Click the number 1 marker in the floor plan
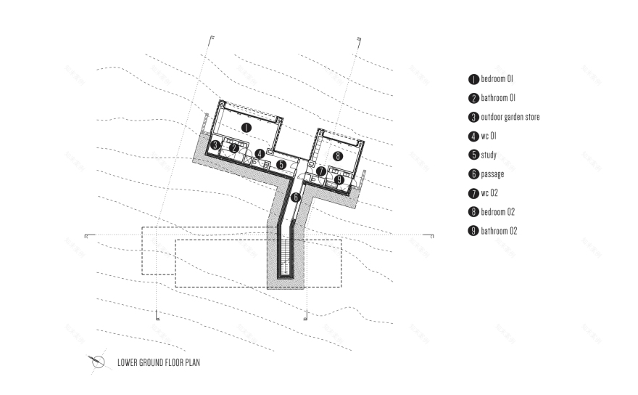coord(246,128)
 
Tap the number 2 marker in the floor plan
coord(233,148)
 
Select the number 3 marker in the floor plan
coord(216,146)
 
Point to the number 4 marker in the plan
coord(260,154)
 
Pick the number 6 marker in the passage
coord(295,197)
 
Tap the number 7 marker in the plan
coord(320,171)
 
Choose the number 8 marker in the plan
coord(338,155)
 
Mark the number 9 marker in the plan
coord(339,179)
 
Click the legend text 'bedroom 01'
coord(497,78)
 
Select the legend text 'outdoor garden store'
coord(510,117)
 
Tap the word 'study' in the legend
coord(489,155)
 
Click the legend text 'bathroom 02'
coord(499,231)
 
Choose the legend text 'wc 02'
coord(491,193)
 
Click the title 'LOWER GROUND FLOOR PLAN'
coord(158,361)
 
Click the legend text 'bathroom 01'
coord(498,98)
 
